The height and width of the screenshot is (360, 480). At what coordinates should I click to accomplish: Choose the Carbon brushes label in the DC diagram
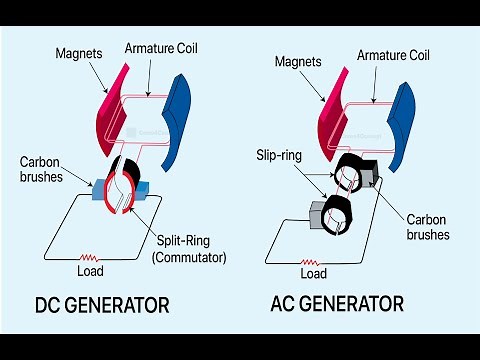42,169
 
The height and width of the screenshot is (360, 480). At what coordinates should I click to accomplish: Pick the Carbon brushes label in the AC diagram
426,226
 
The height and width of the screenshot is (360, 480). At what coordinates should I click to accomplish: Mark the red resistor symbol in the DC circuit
92,255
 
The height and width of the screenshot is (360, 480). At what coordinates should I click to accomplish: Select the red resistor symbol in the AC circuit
312,259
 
